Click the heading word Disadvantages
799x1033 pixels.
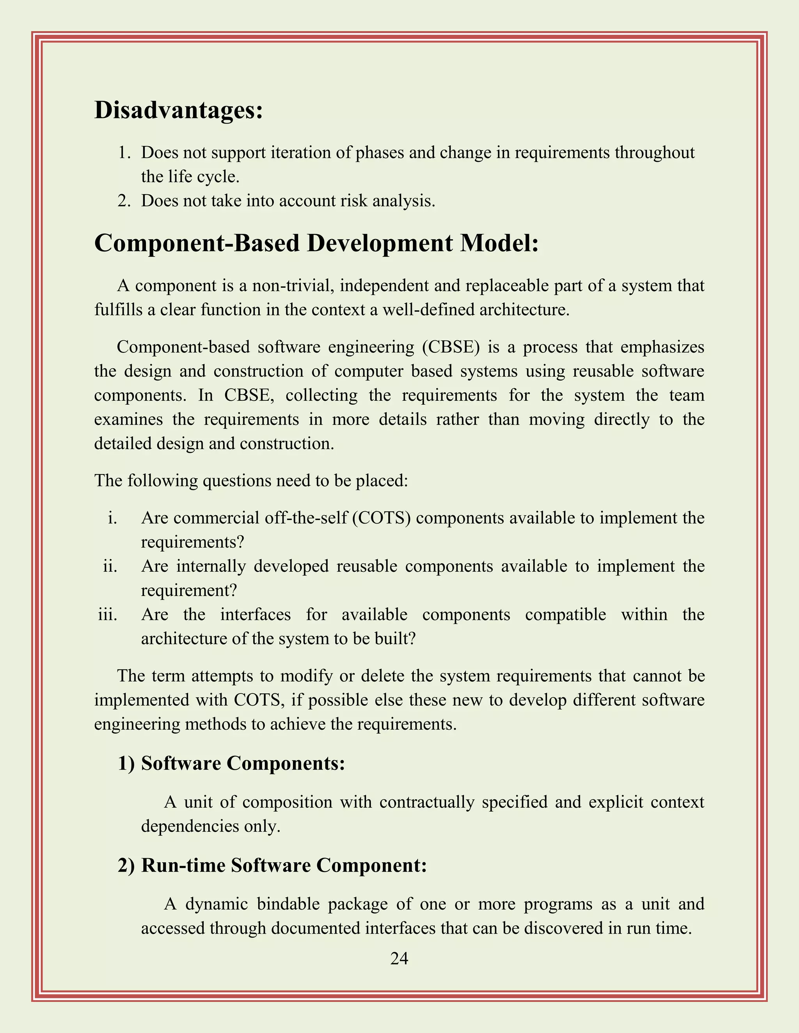178,110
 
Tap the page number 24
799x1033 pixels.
399,959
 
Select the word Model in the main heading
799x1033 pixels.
499,243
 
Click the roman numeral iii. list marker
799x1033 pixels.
107,614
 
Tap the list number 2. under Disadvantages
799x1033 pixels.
124,201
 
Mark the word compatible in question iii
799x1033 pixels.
565,614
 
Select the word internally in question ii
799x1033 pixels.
211,566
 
